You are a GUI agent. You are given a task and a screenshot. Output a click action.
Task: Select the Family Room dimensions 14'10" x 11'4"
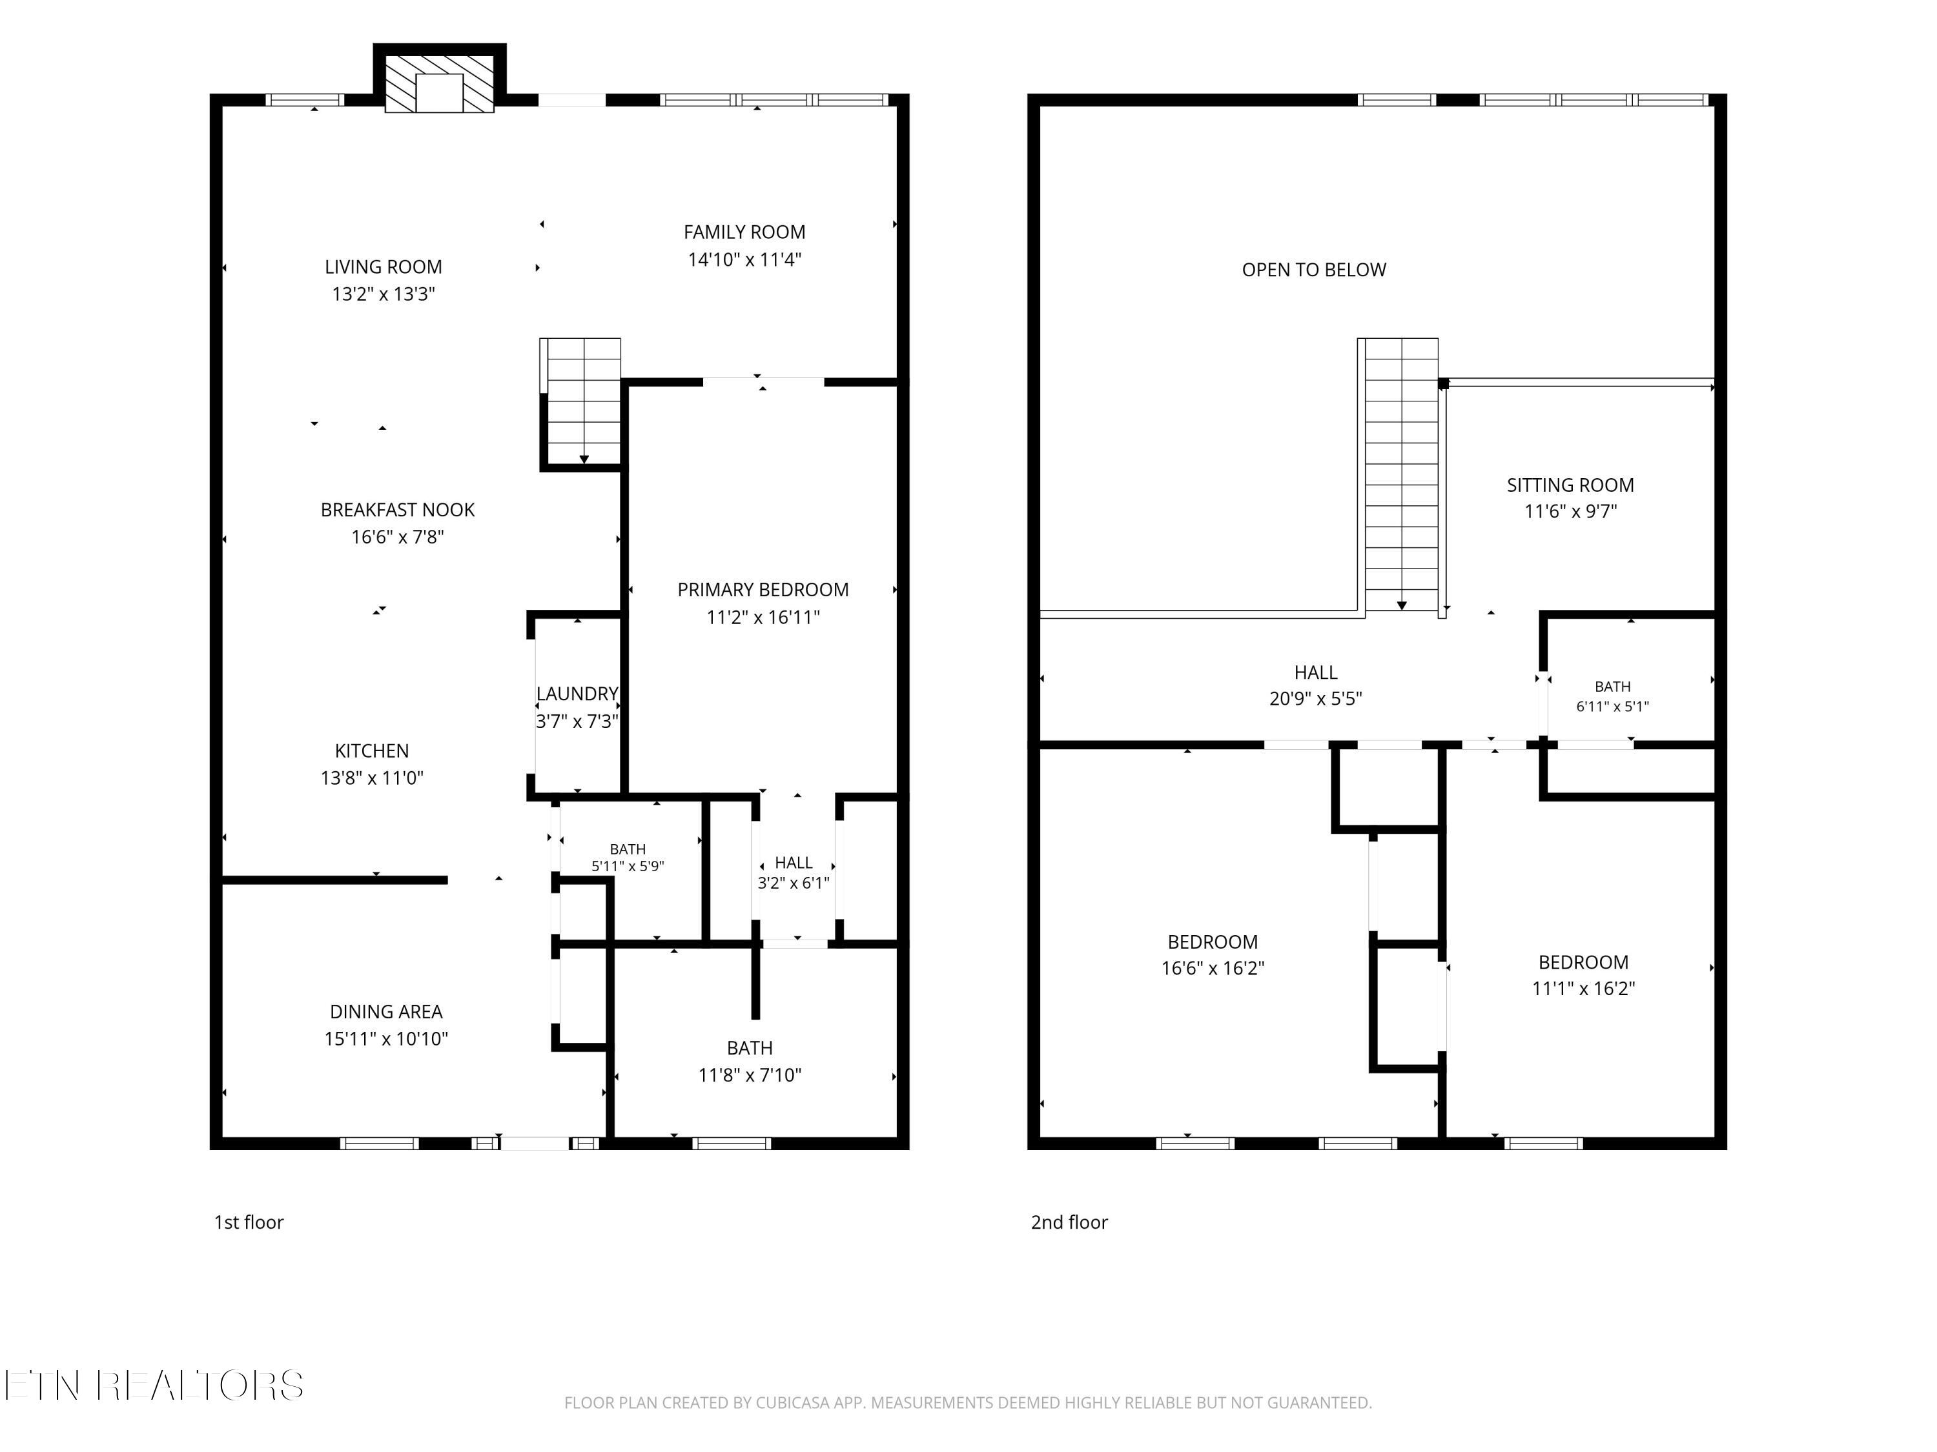coord(744,259)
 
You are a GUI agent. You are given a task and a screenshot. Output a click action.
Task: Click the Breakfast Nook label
coord(398,509)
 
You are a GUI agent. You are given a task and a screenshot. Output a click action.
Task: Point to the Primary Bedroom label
coord(763,590)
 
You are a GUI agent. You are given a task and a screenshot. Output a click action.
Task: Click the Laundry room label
coord(577,694)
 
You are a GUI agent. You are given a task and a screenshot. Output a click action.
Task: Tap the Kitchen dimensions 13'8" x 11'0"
coord(372,777)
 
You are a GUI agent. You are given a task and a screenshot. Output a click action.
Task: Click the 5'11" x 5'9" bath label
coord(628,858)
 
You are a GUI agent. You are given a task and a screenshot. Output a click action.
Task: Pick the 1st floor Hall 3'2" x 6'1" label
coord(794,872)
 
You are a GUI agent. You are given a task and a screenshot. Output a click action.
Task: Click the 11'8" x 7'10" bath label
coord(750,1061)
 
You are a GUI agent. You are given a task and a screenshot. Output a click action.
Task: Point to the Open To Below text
coord(1313,270)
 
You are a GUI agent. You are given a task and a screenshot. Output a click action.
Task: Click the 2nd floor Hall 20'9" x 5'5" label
coord(1315,685)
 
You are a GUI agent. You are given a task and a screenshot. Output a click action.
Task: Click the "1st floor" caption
coord(249,1222)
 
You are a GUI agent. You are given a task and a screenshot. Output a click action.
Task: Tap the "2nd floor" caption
coord(1069,1222)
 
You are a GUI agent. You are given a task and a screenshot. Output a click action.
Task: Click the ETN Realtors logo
coord(154,1386)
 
